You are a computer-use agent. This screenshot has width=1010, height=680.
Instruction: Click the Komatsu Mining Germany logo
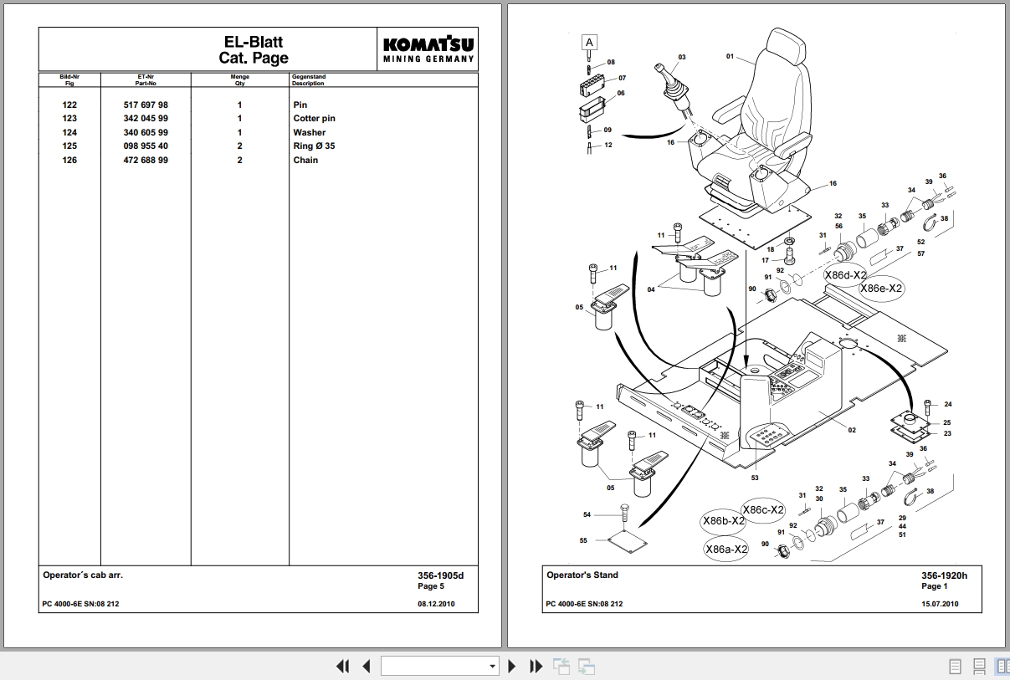[x=428, y=49]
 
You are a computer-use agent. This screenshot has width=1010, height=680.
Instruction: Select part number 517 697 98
[x=146, y=105]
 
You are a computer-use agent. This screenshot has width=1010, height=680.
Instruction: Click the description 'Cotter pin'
[x=314, y=119]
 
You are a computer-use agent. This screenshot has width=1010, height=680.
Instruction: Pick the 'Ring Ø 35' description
[x=314, y=146]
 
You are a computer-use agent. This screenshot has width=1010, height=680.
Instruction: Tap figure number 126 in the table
[x=69, y=160]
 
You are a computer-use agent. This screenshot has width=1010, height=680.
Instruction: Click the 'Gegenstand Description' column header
[x=309, y=79]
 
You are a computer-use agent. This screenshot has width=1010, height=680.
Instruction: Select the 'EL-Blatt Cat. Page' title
[x=254, y=49]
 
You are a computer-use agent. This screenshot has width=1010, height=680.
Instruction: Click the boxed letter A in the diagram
[x=589, y=43]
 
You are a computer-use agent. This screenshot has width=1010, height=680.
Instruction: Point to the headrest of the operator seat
[x=786, y=42]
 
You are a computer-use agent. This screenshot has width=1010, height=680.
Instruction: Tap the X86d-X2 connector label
[x=845, y=275]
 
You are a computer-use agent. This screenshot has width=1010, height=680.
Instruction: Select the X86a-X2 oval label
[x=726, y=550]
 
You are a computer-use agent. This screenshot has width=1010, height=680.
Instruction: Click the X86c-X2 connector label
[x=763, y=509]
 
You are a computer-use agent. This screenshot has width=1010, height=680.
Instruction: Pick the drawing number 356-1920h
[x=944, y=575]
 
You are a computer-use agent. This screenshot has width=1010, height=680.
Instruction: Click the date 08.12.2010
[x=436, y=604]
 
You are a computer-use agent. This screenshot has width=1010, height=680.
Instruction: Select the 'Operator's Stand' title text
[x=582, y=575]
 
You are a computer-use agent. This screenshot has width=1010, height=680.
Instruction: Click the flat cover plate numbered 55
[x=628, y=541]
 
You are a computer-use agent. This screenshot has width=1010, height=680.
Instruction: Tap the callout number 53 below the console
[x=755, y=478]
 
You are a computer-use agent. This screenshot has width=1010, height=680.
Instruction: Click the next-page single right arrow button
[x=511, y=666]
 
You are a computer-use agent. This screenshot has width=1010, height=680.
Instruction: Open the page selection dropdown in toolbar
[x=439, y=666]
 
